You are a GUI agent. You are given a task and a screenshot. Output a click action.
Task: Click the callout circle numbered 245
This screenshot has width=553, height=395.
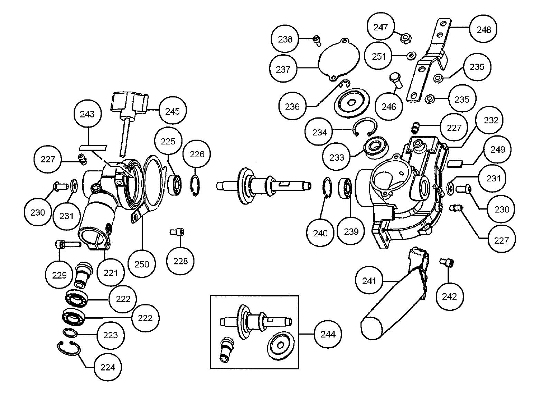click(172, 111)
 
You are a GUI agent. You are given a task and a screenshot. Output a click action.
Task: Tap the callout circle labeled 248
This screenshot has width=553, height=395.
click(484, 30)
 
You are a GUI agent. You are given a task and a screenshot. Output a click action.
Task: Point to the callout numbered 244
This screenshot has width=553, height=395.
click(328, 334)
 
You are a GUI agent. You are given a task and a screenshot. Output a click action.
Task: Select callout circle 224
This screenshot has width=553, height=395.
click(107, 367)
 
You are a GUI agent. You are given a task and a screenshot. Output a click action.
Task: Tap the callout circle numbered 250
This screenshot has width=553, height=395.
click(142, 264)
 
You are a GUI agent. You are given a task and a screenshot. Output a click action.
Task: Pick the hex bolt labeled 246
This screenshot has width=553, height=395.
click(396, 80)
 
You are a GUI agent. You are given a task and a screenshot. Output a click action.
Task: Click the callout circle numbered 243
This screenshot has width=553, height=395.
click(87, 114)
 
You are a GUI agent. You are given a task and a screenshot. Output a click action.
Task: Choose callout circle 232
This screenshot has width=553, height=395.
click(491, 120)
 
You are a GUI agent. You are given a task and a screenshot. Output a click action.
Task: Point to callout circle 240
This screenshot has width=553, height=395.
click(320, 233)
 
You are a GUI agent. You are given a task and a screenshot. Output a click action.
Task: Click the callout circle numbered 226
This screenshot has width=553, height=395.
click(197, 154)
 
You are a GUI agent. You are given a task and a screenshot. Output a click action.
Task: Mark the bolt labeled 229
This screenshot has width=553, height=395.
click(68, 244)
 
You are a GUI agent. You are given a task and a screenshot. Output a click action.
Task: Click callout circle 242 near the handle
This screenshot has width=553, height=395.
click(449, 296)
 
